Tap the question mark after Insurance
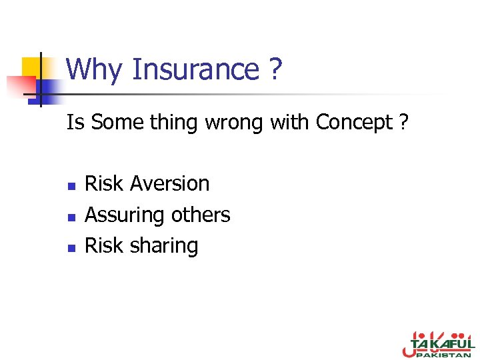[x=276, y=69]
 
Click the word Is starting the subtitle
[x=75, y=123]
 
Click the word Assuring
[x=125, y=215]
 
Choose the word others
[x=201, y=215]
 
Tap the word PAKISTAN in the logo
[x=444, y=355]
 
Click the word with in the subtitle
[x=289, y=123]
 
